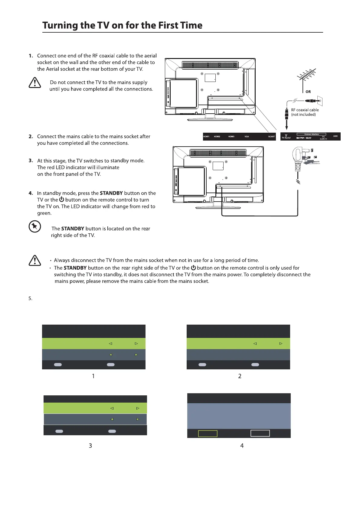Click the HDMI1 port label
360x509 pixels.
coord(206,137)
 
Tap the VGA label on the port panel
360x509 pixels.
coord(247,137)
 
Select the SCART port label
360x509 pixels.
coord(271,137)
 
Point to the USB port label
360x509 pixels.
coord(335,136)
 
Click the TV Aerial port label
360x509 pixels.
coord(286,137)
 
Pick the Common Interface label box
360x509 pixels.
coord(311,134)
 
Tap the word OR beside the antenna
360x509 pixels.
coord(308,92)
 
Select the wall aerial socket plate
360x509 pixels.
coord(320,101)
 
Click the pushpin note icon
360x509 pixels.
coord(35,226)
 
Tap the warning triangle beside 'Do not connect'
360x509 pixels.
coord(35,83)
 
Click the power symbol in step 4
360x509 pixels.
coord(62,199)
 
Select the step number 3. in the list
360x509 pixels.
coord(31,160)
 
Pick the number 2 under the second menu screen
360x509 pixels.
coord(240,376)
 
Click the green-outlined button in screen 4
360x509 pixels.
coord(208,433)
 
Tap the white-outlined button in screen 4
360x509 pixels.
coord(260,433)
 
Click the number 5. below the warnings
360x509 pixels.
coord(30,299)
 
